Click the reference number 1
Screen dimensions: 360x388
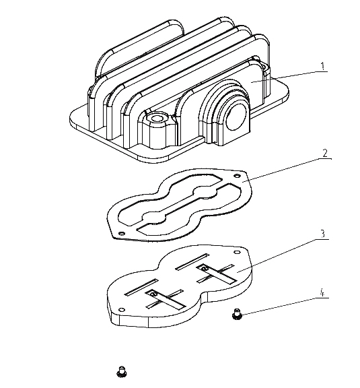322,66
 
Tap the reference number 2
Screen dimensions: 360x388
325,153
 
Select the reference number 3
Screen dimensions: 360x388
323,234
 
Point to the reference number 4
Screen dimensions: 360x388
322,293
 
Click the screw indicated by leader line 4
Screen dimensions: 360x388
237,313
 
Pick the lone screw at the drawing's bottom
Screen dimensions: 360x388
121,372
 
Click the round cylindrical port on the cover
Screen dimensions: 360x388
236,117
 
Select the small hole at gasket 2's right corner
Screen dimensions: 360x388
237,176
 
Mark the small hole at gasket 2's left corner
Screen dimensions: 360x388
121,233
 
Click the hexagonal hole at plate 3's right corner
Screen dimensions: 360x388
237,252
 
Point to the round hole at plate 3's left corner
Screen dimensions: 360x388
122,310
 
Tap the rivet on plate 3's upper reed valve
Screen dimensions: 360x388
203,269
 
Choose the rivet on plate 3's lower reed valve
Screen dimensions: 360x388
153,294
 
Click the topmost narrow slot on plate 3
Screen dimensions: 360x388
192,262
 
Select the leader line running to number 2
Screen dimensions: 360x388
287,170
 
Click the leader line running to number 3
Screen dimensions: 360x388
283,255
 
